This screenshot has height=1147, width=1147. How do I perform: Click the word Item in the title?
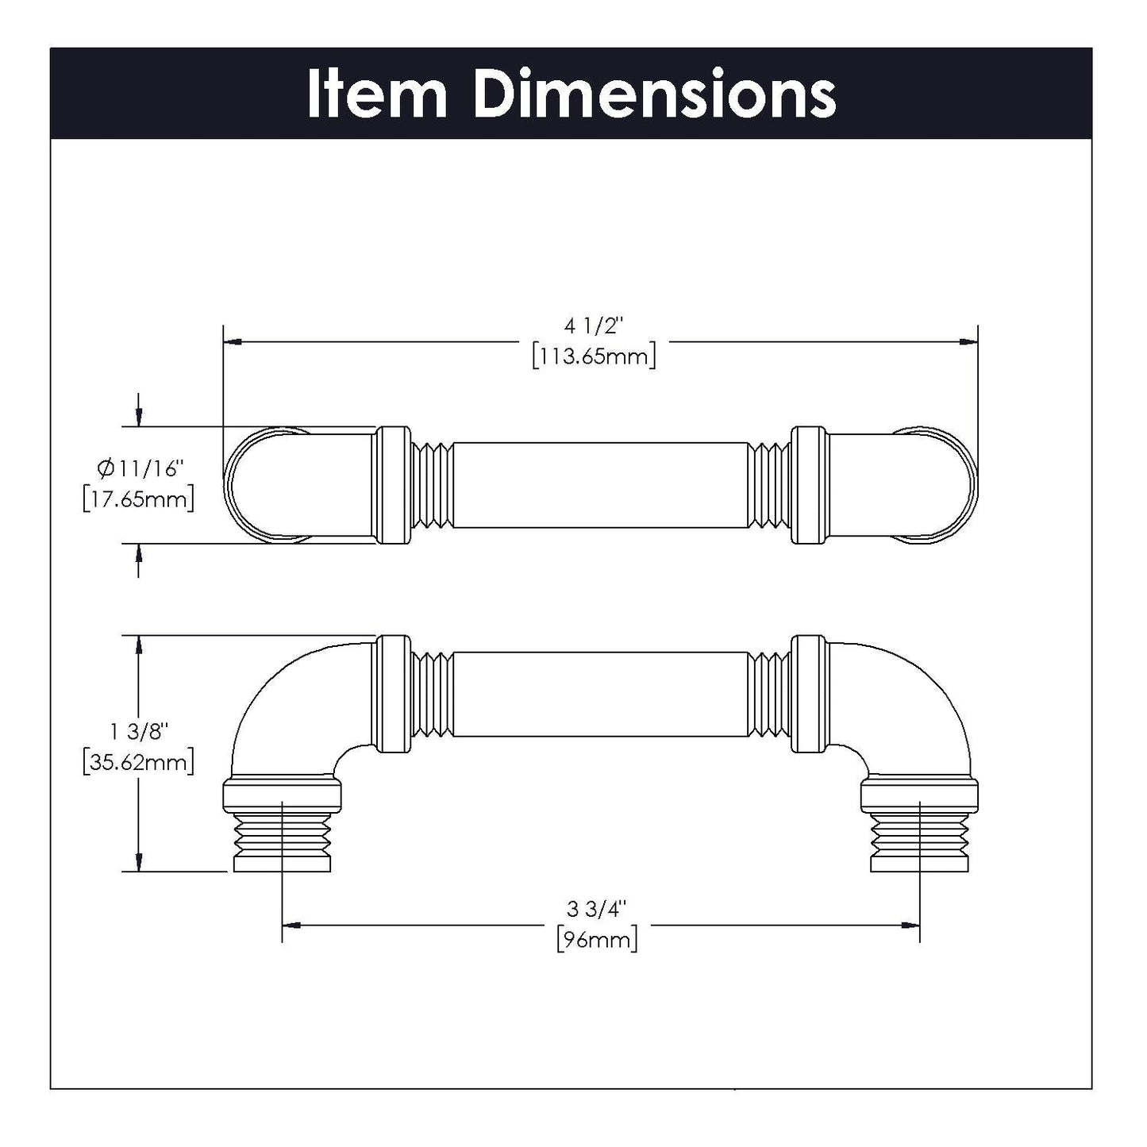[378, 94]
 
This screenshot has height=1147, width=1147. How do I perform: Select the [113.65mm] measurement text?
[595, 356]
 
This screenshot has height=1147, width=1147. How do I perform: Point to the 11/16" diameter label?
[148, 470]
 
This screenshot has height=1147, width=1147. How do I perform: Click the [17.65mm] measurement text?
[138, 500]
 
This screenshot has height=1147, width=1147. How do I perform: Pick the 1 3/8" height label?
[138, 730]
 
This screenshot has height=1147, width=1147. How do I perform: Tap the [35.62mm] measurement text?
[138, 762]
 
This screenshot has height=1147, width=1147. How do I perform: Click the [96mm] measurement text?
[597, 941]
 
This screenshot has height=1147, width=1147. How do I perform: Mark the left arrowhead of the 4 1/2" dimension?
[233, 342]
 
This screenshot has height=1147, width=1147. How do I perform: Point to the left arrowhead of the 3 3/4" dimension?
[291, 925]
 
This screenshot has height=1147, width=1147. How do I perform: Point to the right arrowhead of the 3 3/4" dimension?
[910, 925]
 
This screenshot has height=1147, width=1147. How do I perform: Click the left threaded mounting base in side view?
[282, 837]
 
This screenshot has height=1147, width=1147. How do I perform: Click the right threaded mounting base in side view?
[920, 837]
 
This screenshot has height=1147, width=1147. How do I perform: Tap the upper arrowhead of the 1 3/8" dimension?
[140, 645]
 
